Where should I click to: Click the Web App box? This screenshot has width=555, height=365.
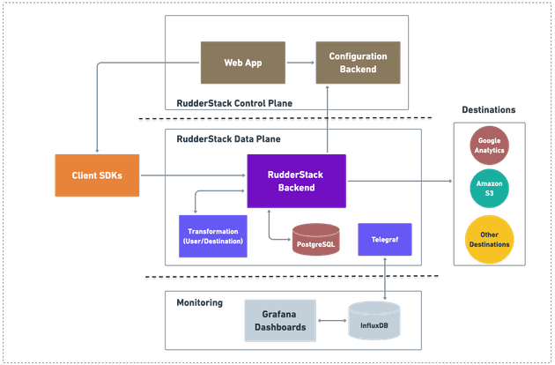click(x=236, y=63)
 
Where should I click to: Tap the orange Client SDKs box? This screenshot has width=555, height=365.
click(x=96, y=176)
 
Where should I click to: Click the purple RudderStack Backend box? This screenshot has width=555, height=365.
click(x=296, y=180)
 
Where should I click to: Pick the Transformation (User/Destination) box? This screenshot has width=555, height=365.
click(x=211, y=235)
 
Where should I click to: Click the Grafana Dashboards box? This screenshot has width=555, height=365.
click(x=279, y=318)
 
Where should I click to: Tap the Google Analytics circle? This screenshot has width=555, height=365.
click(x=488, y=145)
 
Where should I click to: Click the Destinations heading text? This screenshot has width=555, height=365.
click(x=488, y=109)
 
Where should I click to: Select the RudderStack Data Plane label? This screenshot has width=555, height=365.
click(x=216, y=138)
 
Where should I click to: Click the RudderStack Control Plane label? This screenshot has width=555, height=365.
click(x=233, y=103)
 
